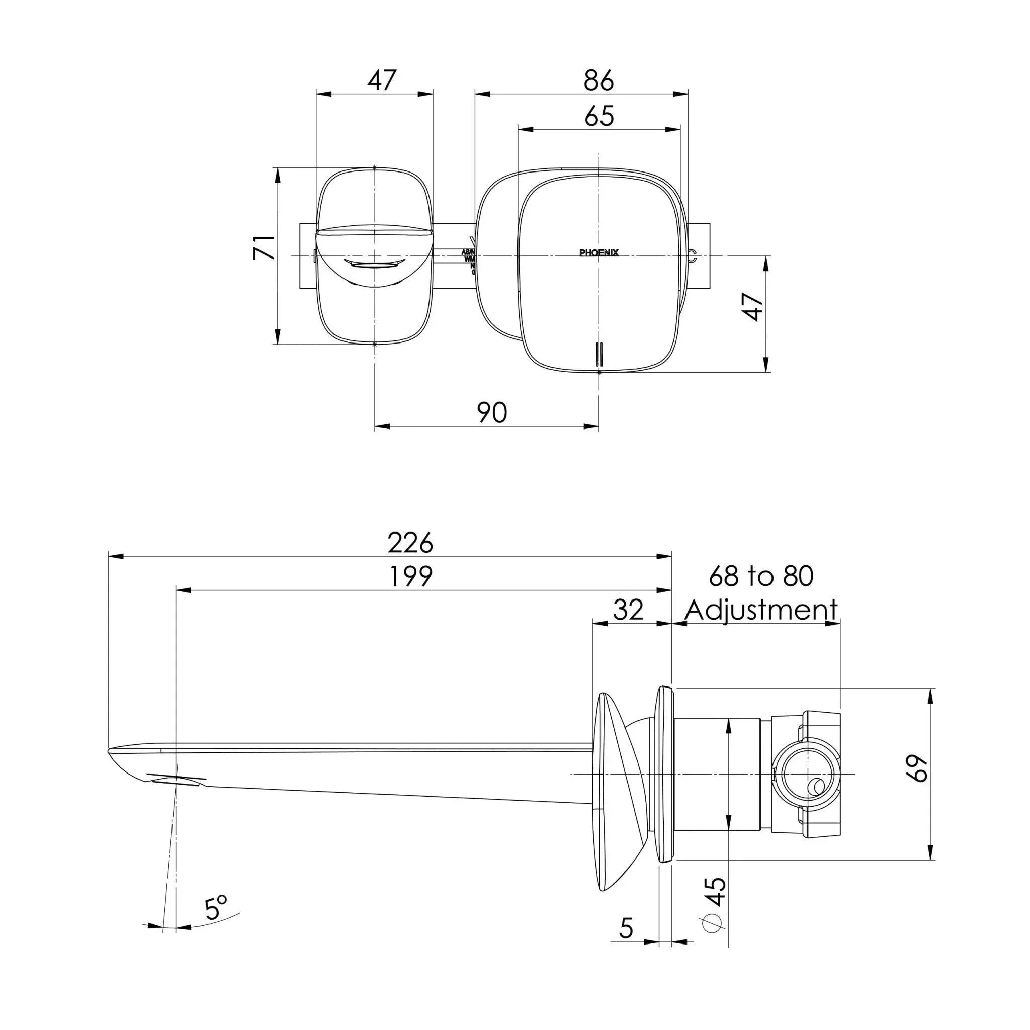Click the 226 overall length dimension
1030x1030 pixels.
coord(410,543)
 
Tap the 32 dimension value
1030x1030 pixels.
coord(628,610)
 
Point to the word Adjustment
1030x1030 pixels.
coord(761,610)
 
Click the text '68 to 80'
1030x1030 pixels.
coord(761,576)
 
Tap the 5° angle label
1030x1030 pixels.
coord(215,908)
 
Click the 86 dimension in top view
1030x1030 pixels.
coord(598,80)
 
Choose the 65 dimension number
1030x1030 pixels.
coord(598,116)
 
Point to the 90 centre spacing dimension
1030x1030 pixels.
coord(491,412)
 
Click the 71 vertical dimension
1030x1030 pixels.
coord(265,247)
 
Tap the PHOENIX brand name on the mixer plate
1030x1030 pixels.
coord(598,252)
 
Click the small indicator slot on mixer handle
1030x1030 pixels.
coord(599,354)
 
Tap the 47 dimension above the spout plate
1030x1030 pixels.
coord(382,80)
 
